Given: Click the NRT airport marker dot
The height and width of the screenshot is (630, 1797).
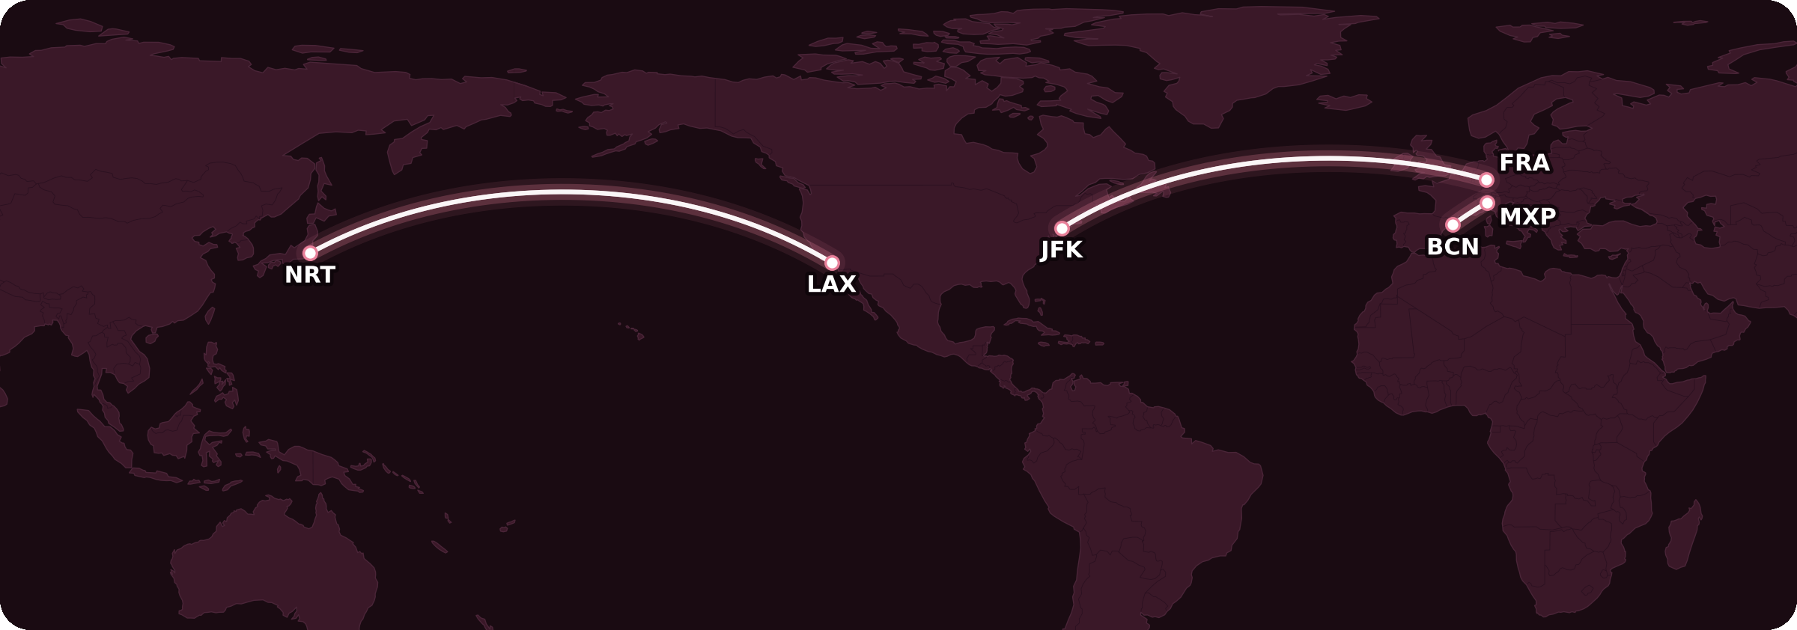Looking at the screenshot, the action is click(x=310, y=253).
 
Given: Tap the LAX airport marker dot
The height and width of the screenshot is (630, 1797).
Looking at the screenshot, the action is click(x=832, y=263).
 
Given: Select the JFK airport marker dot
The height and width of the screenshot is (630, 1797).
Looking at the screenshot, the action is click(x=1062, y=228).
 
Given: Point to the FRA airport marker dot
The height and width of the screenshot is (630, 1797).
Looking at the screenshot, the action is click(x=1487, y=180).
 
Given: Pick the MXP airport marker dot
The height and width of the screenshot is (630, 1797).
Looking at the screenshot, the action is click(x=1488, y=203).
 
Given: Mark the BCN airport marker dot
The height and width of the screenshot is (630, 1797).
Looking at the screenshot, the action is click(x=1453, y=224).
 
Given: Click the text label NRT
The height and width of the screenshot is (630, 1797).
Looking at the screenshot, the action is click(x=309, y=275).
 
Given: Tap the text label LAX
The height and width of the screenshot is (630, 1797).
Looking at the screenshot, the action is click(x=831, y=284).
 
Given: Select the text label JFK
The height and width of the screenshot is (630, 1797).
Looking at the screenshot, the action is click(x=1062, y=250).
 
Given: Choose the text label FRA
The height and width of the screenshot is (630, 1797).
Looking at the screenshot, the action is click(x=1524, y=162).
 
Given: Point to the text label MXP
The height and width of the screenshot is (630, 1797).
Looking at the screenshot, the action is click(x=1527, y=216).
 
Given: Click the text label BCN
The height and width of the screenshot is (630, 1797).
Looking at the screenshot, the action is click(x=1453, y=247).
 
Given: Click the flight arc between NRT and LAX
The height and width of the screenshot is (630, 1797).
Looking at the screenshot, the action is click(x=562, y=193).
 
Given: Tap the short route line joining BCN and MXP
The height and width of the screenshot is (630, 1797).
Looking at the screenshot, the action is click(x=1470, y=214).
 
